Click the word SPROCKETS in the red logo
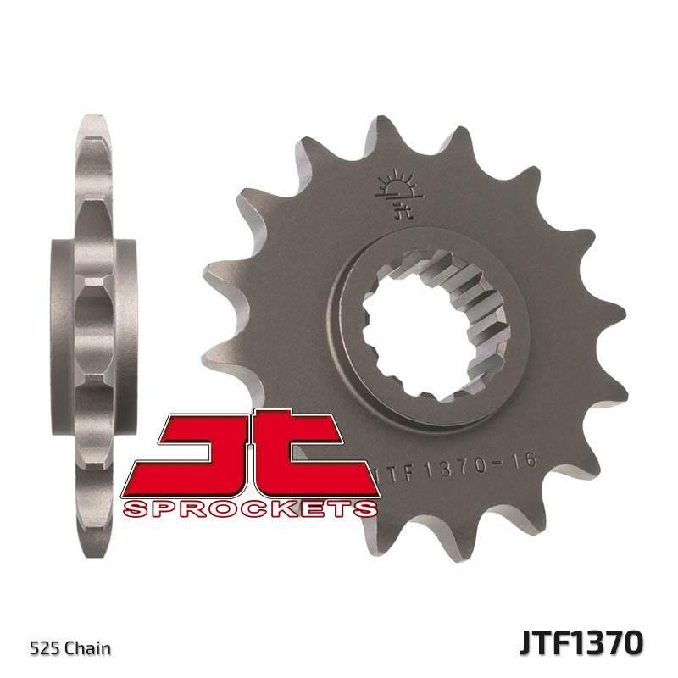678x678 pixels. coord(249,508)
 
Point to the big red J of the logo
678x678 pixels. coord(181,453)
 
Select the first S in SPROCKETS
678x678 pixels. coord(136,508)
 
